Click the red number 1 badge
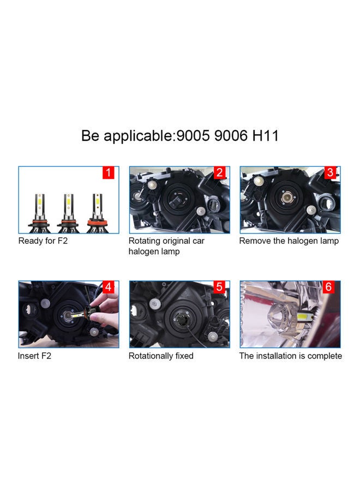click(x=109, y=173)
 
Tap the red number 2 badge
click(x=219, y=173)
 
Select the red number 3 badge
click(x=330, y=173)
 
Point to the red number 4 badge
click(x=109, y=288)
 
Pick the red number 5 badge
click(x=219, y=288)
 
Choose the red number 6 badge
click(x=330, y=288)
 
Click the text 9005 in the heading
click(x=191, y=135)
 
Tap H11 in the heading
click(x=265, y=135)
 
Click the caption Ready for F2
click(x=43, y=241)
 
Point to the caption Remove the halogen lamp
click(x=289, y=241)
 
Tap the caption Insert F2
click(x=35, y=356)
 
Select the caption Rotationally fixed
click(x=161, y=356)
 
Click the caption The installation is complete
click(x=291, y=356)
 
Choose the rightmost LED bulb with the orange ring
click(x=97, y=210)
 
